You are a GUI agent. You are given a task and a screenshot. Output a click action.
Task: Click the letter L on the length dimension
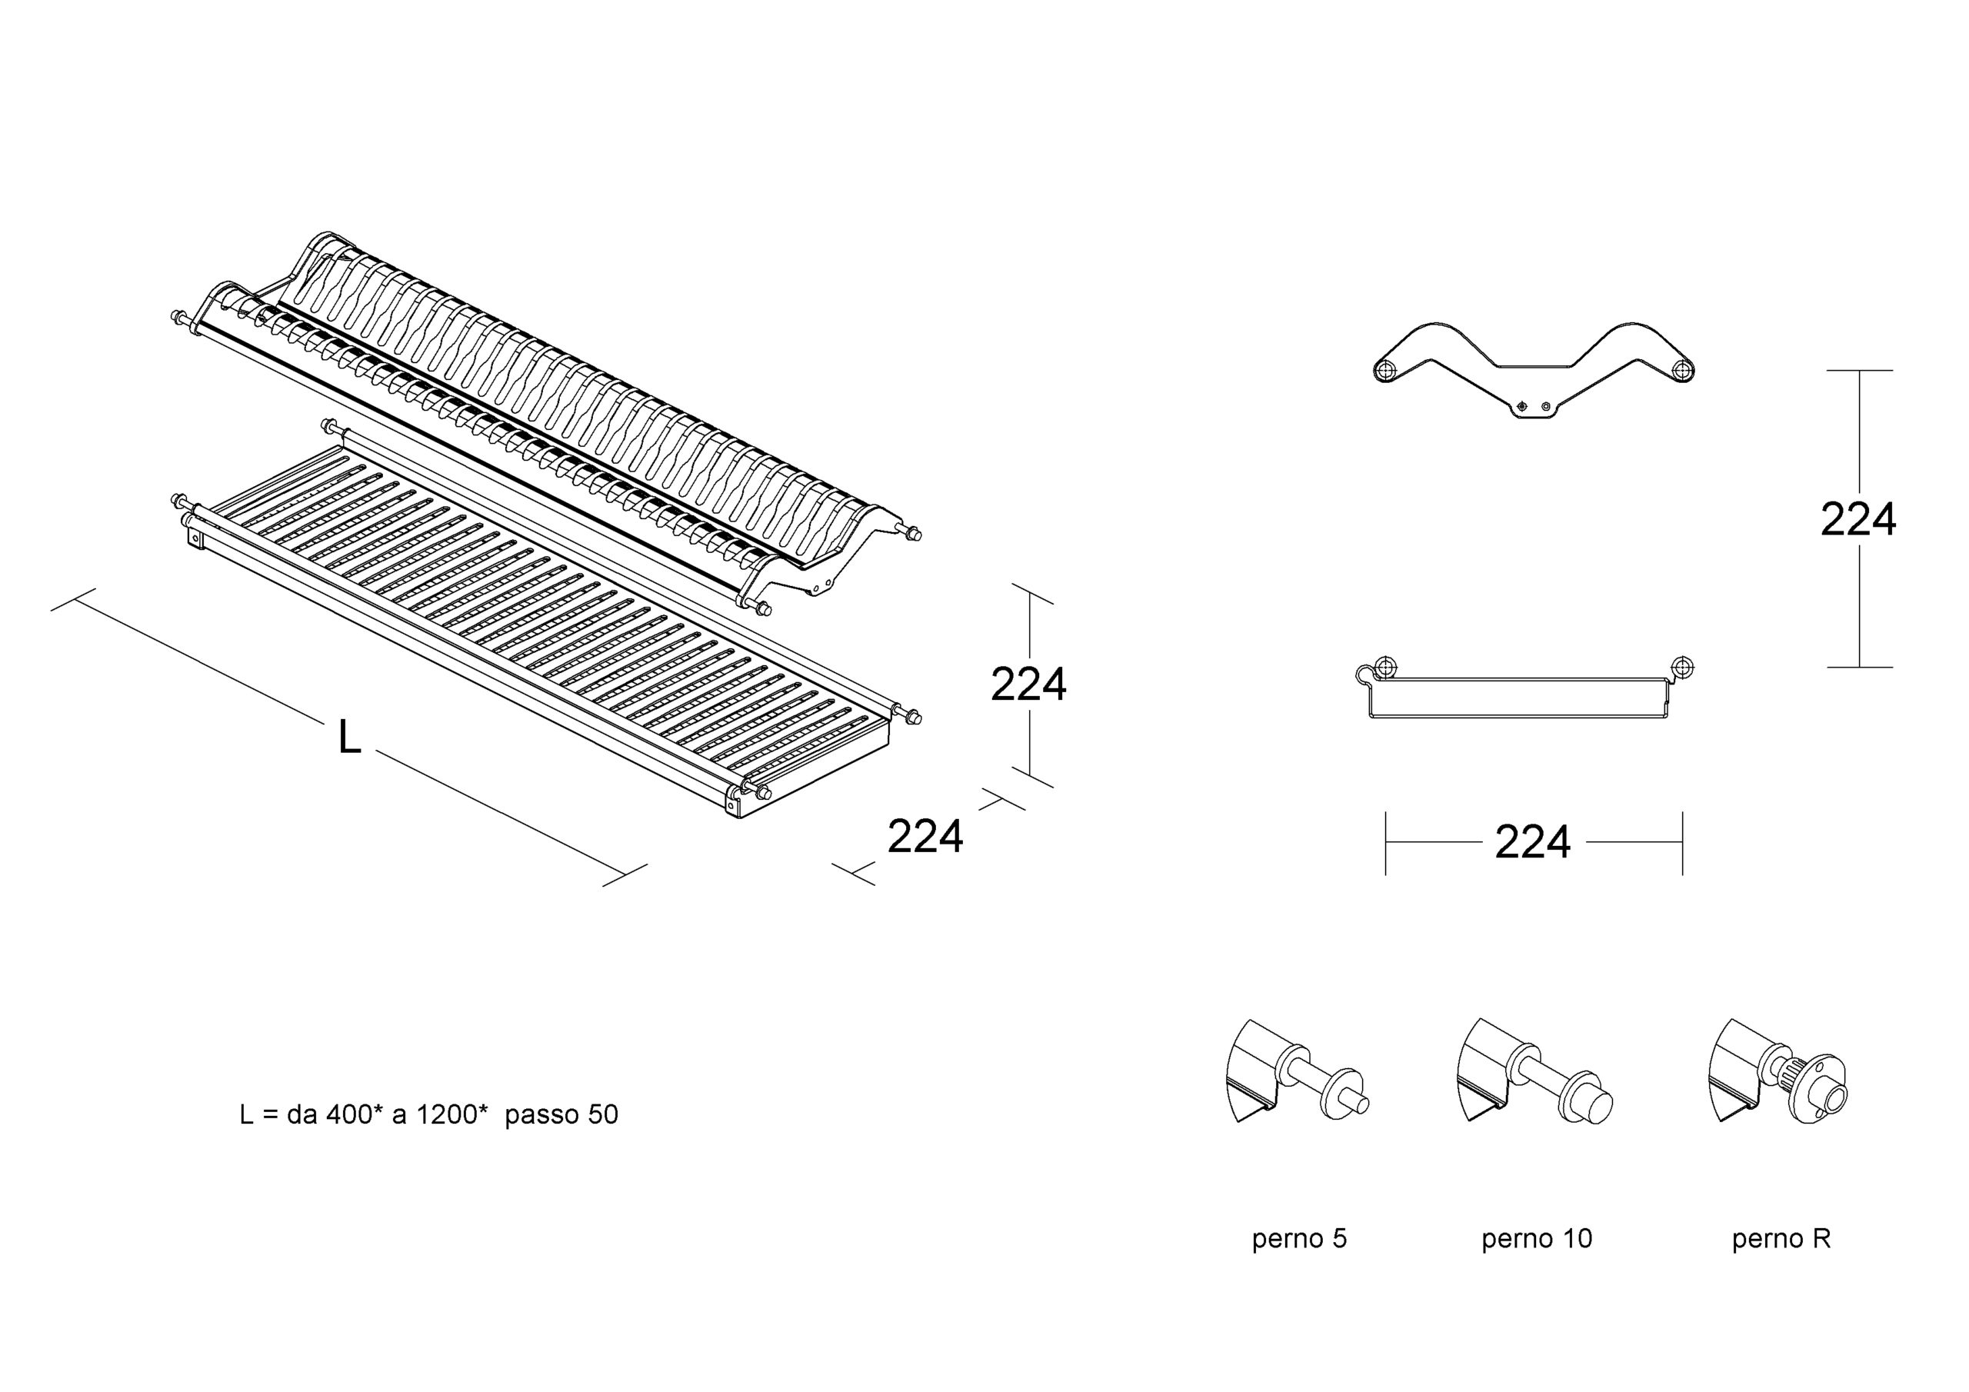pyautogui.click(x=349, y=738)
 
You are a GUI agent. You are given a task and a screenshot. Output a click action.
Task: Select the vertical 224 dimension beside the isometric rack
pyautogui.click(x=1028, y=684)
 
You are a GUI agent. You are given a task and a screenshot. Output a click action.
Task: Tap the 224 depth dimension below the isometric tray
pyautogui.click(x=925, y=837)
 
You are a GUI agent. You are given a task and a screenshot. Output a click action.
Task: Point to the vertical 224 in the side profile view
pyautogui.click(x=1858, y=520)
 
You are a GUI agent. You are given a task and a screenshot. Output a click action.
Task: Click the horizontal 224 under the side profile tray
pyautogui.click(x=1532, y=842)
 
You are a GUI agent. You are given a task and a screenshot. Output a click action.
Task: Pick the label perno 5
pyautogui.click(x=1299, y=1238)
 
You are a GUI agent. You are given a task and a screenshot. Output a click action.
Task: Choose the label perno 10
pyautogui.click(x=1537, y=1238)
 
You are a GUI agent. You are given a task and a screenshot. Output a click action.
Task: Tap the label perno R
pyautogui.click(x=1781, y=1238)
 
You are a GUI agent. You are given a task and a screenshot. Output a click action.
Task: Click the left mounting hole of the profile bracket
pyautogui.click(x=1386, y=371)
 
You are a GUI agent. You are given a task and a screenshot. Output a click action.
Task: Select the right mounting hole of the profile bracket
pyautogui.click(x=1683, y=371)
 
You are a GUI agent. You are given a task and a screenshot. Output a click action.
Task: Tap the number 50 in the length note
pyautogui.click(x=603, y=1115)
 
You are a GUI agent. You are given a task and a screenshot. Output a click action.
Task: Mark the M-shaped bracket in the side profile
pyautogui.click(x=1534, y=365)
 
